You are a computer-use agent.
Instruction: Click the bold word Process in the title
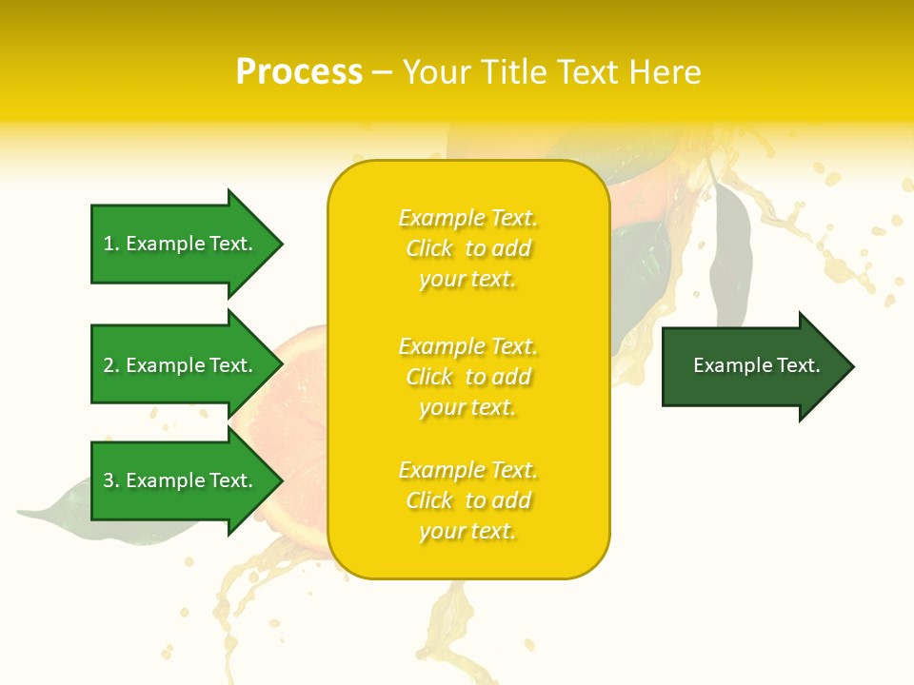(x=299, y=72)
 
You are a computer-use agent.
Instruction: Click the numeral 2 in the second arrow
(x=109, y=365)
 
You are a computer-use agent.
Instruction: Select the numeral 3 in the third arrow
(x=109, y=480)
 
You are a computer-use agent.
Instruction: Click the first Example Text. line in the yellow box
(x=467, y=219)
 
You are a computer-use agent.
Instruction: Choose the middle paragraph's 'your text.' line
(x=467, y=407)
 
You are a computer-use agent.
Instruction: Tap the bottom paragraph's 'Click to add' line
(x=467, y=500)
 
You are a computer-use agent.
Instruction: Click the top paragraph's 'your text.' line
(x=467, y=280)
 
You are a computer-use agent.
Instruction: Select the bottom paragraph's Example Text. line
(x=467, y=470)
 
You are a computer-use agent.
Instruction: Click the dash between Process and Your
(x=382, y=72)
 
